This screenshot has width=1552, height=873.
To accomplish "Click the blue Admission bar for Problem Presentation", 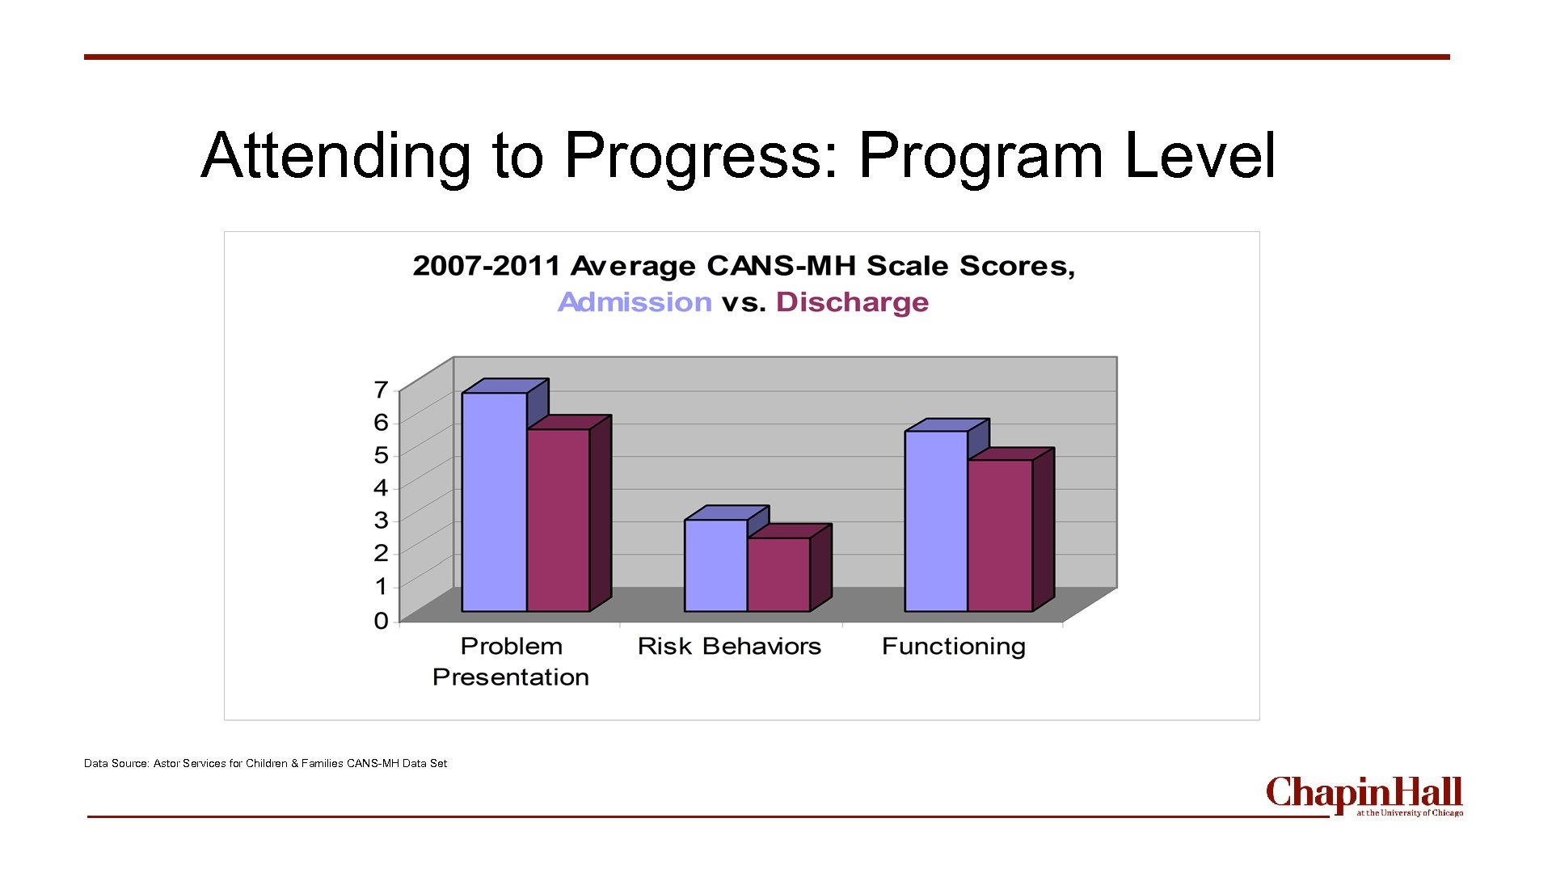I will click(x=494, y=501).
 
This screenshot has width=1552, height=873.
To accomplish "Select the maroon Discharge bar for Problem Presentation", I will click(x=558, y=520).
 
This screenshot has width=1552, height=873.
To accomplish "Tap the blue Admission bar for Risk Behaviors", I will click(x=715, y=565).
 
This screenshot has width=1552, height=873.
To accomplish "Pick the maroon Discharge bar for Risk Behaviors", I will click(x=778, y=574).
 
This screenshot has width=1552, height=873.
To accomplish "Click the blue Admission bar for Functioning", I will click(x=936, y=521).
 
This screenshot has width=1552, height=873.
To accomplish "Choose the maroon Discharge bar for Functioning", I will click(x=1000, y=535).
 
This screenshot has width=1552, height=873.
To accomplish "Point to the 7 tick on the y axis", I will click(x=381, y=390).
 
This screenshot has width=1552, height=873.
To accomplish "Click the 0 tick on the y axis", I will click(x=381, y=621).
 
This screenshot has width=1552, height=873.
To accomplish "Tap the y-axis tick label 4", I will click(x=381, y=487).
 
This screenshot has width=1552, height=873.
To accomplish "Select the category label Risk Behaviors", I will click(x=729, y=647).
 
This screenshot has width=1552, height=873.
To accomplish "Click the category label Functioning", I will click(x=954, y=647).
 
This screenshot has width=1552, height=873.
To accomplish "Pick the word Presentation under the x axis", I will click(x=511, y=677).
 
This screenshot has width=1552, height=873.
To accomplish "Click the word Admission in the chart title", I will click(x=635, y=302).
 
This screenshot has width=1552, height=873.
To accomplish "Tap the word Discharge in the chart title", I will click(x=852, y=302).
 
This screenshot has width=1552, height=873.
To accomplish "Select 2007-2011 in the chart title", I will click(x=486, y=266).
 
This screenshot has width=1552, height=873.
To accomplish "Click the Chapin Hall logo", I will click(x=1364, y=796).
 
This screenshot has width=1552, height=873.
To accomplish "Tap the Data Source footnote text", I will click(x=265, y=763).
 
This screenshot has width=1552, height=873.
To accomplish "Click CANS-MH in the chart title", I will click(x=781, y=266).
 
